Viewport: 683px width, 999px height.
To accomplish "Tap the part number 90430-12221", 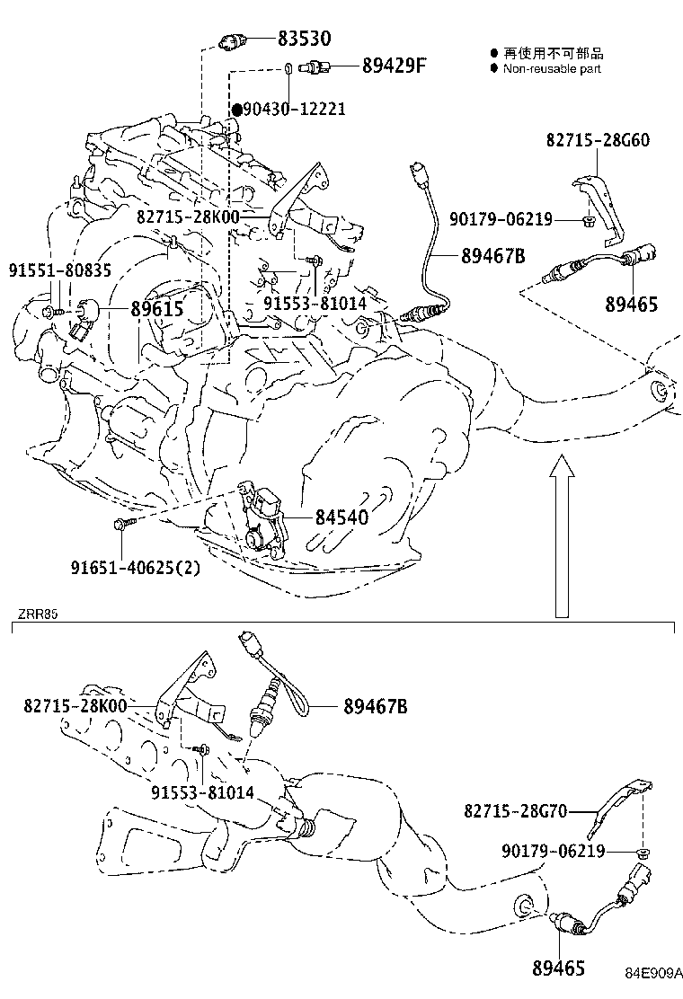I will (x=294, y=109).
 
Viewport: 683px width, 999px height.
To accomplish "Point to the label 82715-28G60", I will (x=598, y=140).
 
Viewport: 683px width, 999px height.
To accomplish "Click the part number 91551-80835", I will (x=61, y=270).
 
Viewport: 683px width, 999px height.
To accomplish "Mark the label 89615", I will (x=157, y=310).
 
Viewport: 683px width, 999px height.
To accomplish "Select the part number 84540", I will (x=341, y=517).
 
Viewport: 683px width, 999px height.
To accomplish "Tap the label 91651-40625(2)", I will (x=136, y=567).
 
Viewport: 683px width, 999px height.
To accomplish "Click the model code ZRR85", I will (x=37, y=615).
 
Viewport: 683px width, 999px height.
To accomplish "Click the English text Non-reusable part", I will (x=552, y=68).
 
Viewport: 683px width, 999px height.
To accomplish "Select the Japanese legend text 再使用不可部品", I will (x=553, y=54).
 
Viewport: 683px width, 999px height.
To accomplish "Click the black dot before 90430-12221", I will (x=237, y=109).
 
